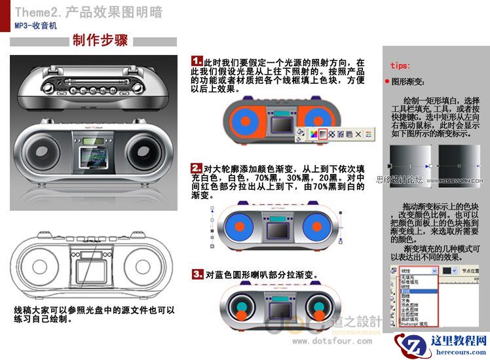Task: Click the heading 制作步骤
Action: coord(100,41)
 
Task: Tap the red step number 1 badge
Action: coord(196,61)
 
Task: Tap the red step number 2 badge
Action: coord(196,168)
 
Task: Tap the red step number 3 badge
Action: coord(197,274)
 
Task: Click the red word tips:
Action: coord(400,66)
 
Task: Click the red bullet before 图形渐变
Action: coord(387,82)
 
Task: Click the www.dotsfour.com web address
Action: coord(332,341)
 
